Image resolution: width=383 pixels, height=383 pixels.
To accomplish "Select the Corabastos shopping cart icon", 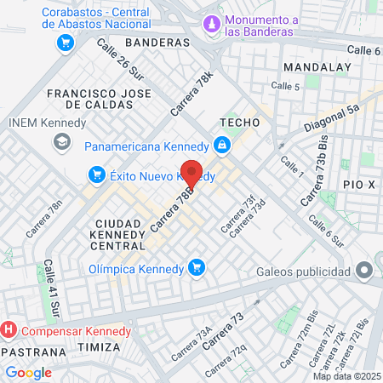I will [x=65, y=42].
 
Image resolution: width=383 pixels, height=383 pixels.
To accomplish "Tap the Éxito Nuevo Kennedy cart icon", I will [x=96, y=175].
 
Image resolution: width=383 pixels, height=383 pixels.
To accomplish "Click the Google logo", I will [x=28, y=372].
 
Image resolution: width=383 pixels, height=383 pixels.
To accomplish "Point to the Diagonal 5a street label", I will [x=331, y=117].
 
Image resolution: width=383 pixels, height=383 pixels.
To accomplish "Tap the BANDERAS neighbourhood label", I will [x=157, y=42].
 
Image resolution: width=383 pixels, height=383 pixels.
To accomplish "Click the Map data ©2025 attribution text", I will [x=346, y=376].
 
